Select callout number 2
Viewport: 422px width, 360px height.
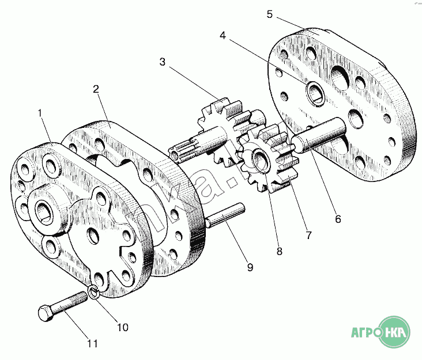click(96, 89)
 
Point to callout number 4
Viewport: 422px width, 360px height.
click(223, 36)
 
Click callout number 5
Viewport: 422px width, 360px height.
click(270, 14)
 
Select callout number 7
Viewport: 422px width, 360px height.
click(308, 235)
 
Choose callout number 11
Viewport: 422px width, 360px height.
click(92, 344)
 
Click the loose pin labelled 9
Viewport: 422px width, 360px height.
click(225, 215)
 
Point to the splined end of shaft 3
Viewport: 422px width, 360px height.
click(180, 152)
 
